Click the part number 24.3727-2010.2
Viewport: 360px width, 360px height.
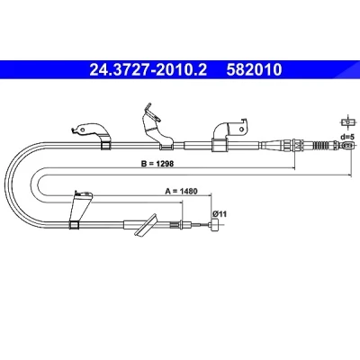pyautogui.click(x=148, y=70)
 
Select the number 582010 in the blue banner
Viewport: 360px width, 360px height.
pyautogui.click(x=254, y=70)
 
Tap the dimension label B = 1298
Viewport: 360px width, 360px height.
pyautogui.click(x=157, y=164)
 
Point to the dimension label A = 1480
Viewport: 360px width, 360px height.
pyautogui.click(x=182, y=191)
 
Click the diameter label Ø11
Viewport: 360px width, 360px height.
pyautogui.click(x=220, y=214)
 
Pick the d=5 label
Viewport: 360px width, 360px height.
pyautogui.click(x=347, y=137)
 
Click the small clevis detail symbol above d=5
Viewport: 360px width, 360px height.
pyautogui.click(x=348, y=122)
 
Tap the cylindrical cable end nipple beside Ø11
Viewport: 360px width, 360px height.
pyautogui.click(x=215, y=225)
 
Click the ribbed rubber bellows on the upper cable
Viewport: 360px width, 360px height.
pyautogui.click(x=322, y=146)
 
